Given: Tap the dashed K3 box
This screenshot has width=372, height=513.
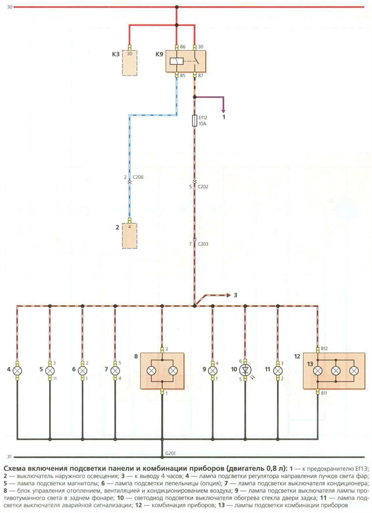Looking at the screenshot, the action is point(130,63).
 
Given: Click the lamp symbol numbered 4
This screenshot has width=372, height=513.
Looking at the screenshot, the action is point(18,371).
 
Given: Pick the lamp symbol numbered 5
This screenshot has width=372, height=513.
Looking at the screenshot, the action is point(50,371).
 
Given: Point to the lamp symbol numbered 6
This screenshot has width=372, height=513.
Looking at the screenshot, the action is point(82,371).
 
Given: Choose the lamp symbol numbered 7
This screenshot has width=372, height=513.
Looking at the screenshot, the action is point(115,371).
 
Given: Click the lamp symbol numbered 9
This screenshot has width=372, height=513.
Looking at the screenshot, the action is point(213,371).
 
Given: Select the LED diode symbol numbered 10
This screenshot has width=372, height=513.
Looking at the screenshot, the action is point(245,371).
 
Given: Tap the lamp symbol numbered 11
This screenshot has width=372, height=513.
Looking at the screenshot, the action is point(278,371).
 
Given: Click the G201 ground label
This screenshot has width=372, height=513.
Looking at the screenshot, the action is point(171,453).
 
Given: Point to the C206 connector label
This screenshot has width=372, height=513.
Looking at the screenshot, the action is point(138,177).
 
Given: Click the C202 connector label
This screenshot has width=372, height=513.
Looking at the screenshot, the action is point(203,187).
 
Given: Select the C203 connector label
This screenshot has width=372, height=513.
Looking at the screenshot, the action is point(203,244).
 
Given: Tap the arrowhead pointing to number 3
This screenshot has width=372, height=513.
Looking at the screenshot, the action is point(228,295).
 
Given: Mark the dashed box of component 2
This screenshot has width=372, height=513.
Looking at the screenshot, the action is point(130,236).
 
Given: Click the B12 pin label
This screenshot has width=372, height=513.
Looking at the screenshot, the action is point(324,348).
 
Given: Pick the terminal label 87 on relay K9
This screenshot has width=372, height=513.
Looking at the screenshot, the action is point(200,76).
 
